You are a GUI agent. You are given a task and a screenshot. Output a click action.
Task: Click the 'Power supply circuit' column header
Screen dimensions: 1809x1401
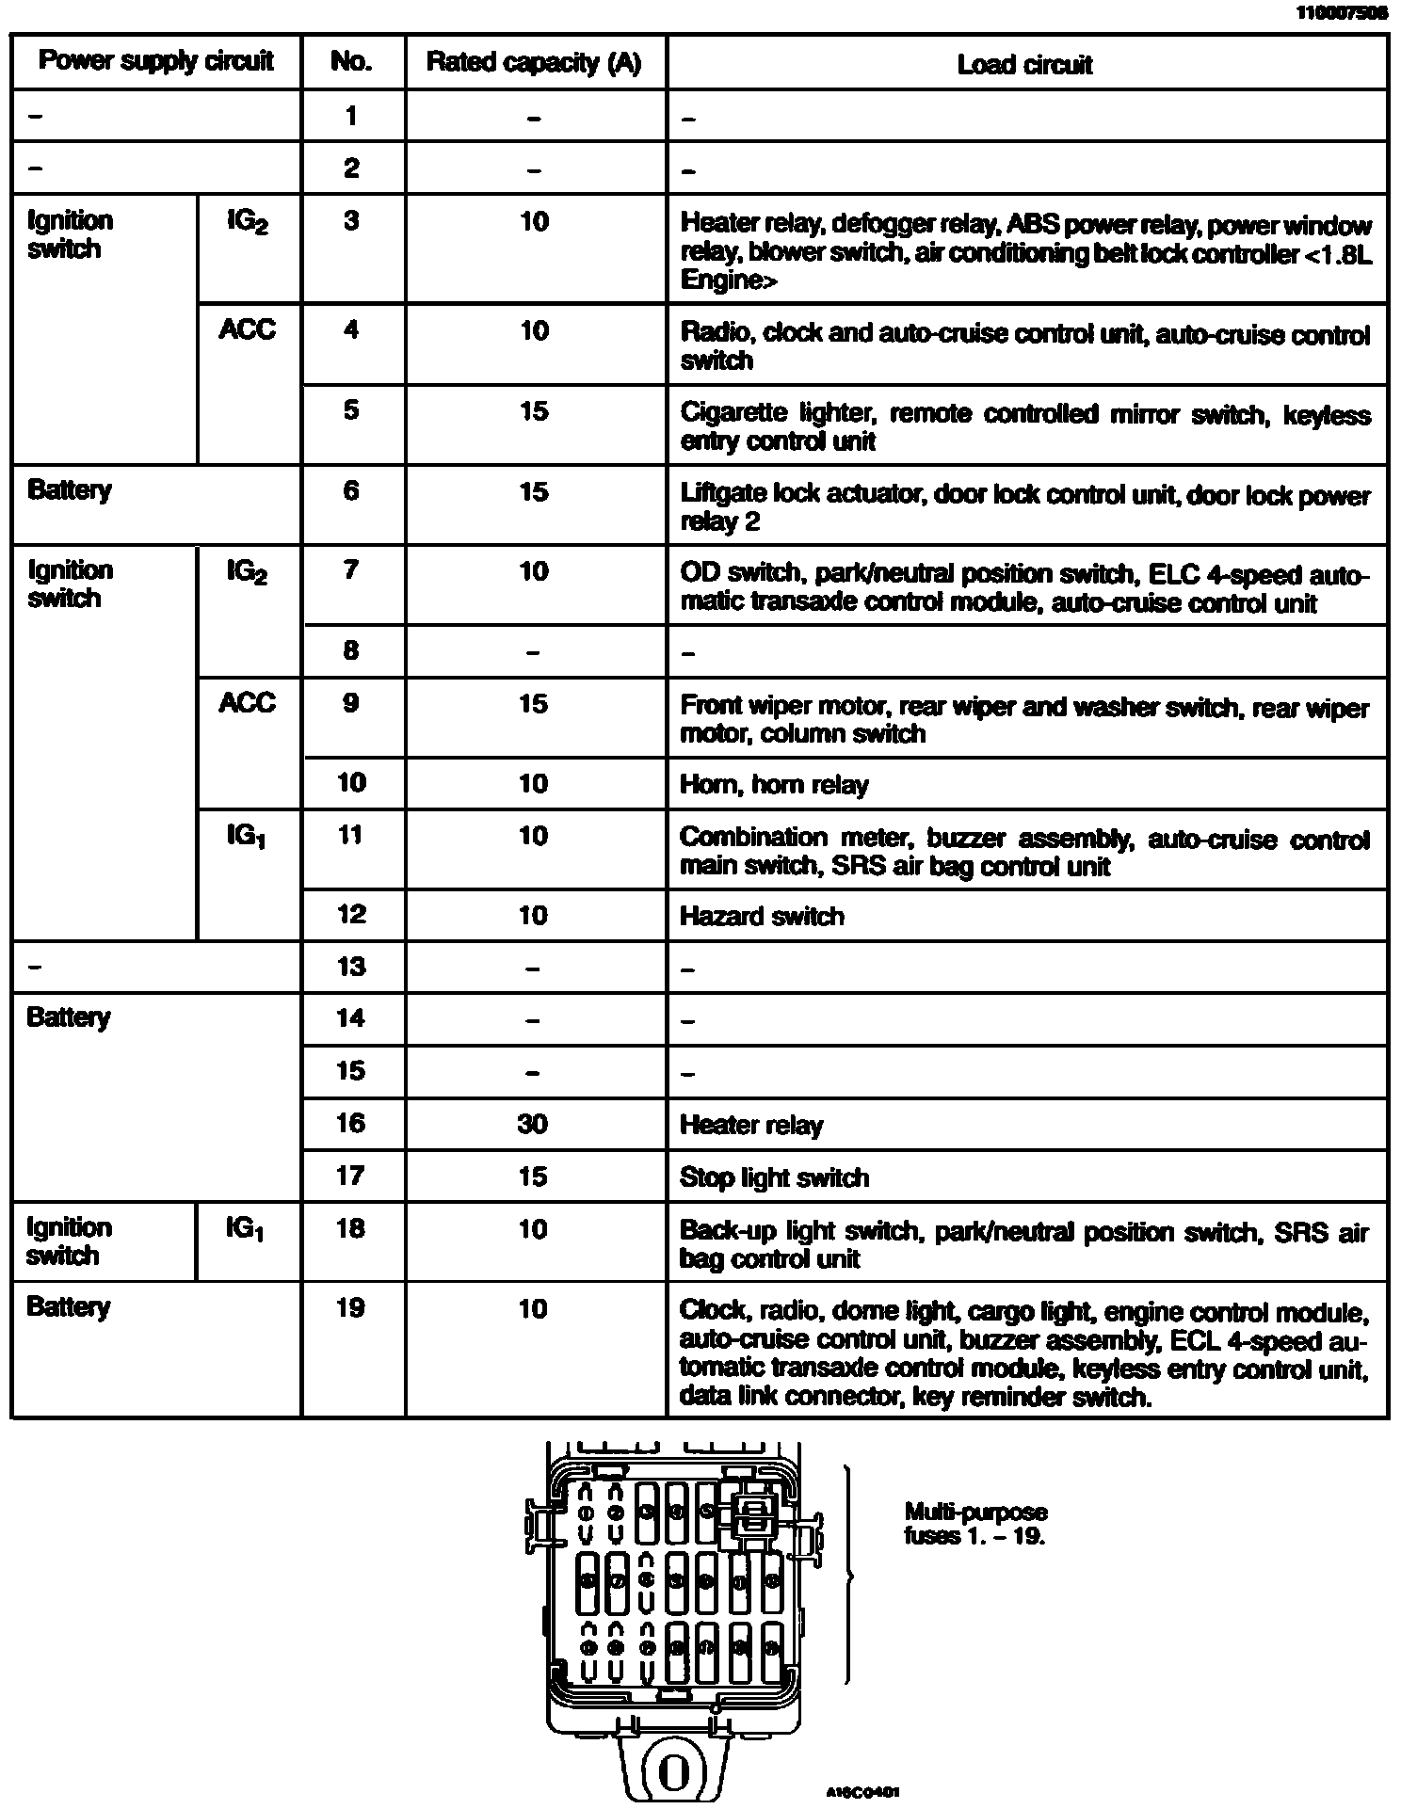pyautogui.click(x=155, y=62)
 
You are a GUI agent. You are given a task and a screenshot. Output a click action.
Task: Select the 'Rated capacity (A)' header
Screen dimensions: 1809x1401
pyautogui.click(x=534, y=63)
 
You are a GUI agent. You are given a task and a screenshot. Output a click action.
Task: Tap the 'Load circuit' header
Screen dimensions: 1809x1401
pyautogui.click(x=1024, y=65)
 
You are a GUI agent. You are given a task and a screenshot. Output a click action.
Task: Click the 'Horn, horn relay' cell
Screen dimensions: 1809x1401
pyautogui.click(x=774, y=785)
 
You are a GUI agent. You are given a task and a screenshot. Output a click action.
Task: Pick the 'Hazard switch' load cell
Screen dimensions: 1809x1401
pyautogui.click(x=762, y=916)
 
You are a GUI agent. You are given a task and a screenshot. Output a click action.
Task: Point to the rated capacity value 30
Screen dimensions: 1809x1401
pyautogui.click(x=533, y=1124)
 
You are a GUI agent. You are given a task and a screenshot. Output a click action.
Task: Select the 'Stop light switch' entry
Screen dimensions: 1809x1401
pyautogui.click(x=774, y=1177)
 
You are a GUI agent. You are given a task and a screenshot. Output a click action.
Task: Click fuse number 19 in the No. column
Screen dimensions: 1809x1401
pyautogui.click(x=350, y=1307)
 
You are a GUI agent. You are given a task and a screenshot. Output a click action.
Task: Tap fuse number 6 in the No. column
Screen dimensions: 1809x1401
pyautogui.click(x=350, y=490)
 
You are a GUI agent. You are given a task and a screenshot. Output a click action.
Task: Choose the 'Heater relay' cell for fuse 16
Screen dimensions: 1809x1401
pyautogui.click(x=751, y=1125)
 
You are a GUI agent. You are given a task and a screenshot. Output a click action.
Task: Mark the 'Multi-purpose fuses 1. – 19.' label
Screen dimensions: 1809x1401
pyautogui.click(x=975, y=1524)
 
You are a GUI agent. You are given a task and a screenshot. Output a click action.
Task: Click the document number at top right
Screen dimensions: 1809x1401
pyautogui.click(x=1342, y=13)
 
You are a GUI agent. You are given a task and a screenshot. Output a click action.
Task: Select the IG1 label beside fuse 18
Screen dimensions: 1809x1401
pyautogui.click(x=245, y=1229)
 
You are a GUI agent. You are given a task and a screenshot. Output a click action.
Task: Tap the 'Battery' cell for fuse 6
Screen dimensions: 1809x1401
pyautogui.click(x=70, y=490)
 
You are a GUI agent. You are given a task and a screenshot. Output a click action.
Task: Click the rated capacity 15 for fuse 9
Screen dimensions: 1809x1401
pyautogui.click(x=533, y=704)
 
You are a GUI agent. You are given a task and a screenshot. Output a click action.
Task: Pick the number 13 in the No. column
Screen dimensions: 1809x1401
pyautogui.click(x=350, y=967)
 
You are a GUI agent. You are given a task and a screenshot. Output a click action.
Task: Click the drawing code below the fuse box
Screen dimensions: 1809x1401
pyautogui.click(x=862, y=1792)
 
